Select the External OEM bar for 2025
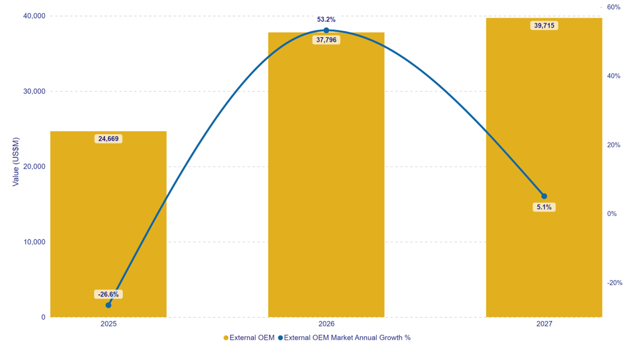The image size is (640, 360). click(x=108, y=225)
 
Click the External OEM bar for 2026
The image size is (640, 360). click(x=326, y=175)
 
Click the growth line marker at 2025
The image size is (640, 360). click(x=108, y=305)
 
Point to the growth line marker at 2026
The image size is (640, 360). click(x=326, y=30)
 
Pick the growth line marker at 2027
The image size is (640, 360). click(x=544, y=196)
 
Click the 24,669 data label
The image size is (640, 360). click(x=108, y=139)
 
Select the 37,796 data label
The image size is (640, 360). click(x=326, y=40)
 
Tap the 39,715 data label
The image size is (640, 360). click(x=544, y=25)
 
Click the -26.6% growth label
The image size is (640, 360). click(x=108, y=294)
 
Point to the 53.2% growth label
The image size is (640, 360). click(x=326, y=19)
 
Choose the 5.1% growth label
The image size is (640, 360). click(x=544, y=207)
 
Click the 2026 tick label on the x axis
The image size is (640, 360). click(x=326, y=324)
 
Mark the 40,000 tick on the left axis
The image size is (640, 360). click(x=34, y=16)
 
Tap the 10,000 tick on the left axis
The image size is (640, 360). click(x=34, y=242)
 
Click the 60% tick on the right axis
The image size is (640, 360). click(x=613, y=7)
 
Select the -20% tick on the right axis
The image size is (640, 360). click(x=614, y=282)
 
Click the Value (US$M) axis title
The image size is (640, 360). click(x=15, y=161)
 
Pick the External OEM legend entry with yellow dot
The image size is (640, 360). click(x=249, y=337)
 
